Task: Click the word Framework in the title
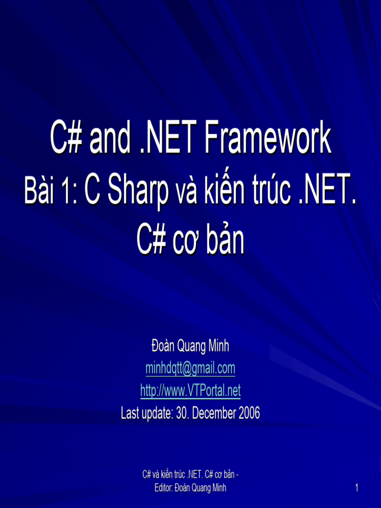pos(268,139)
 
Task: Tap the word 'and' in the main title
pos(110,139)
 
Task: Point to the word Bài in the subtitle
pos(40,192)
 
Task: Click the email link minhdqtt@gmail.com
pos(190,369)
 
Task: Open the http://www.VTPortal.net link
pos(190,391)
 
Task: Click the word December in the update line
pos(214,413)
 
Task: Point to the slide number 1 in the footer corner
pos(356,488)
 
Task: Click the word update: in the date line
pos(158,413)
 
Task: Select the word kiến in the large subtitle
pos(222,192)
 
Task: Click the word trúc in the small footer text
pos(177,475)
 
